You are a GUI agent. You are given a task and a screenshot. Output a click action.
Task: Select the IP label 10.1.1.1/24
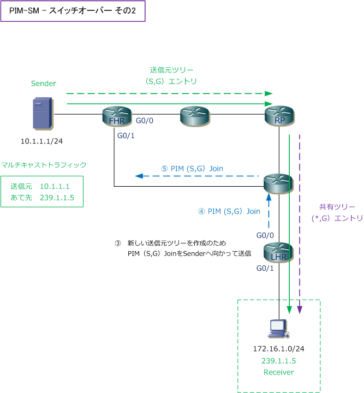(41, 141)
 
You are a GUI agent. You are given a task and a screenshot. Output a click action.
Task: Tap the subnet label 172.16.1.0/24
(278, 349)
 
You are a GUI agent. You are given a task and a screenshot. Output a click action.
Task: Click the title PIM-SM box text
(73, 11)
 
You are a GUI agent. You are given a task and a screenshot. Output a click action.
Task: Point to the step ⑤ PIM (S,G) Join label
(192, 169)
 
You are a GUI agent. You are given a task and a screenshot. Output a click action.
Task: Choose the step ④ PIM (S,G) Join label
(229, 211)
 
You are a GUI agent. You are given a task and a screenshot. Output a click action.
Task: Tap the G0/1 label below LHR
(266, 268)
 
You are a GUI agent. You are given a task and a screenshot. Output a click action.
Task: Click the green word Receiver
(278, 372)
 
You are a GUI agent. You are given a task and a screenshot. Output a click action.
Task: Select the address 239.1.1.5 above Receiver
(278, 361)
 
